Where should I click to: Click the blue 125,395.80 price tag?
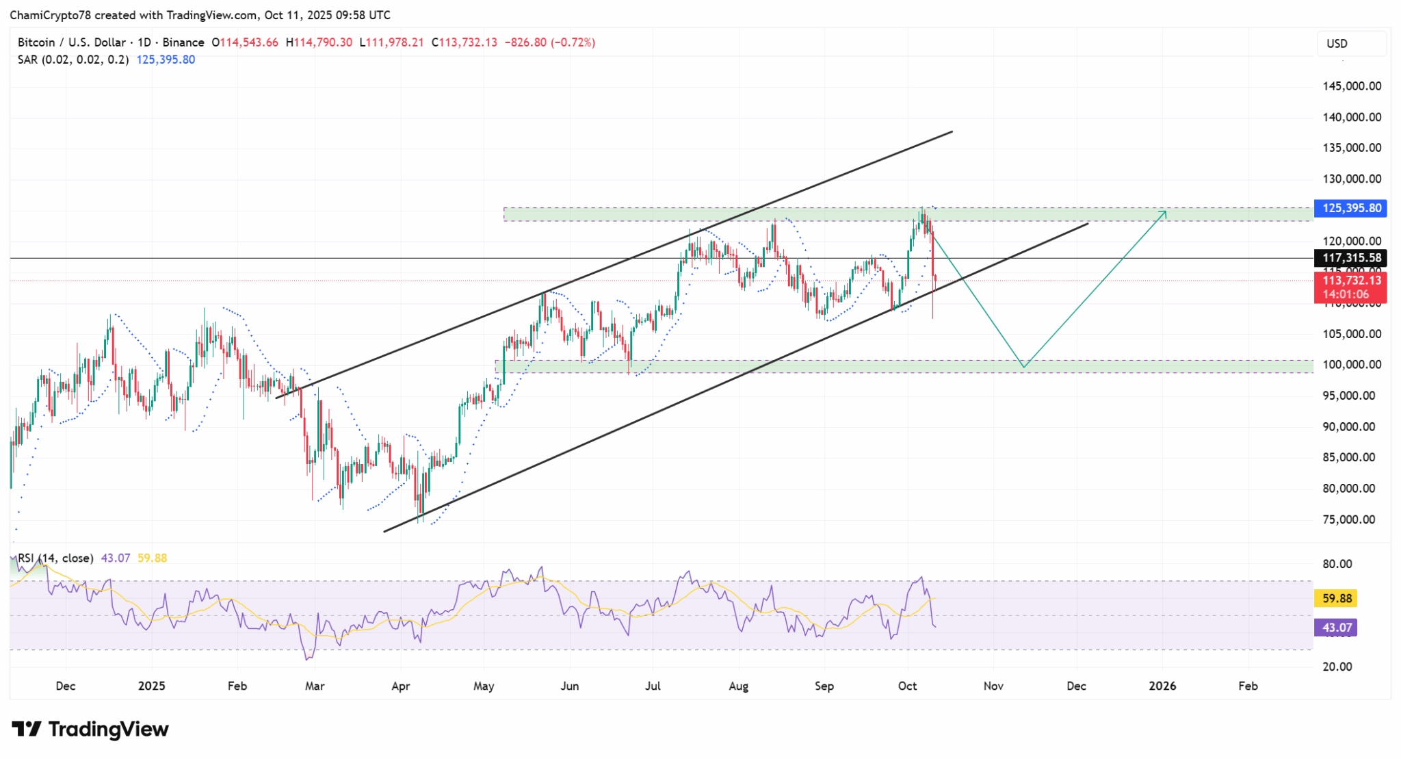tap(1350, 208)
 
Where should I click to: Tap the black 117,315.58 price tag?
tap(1350, 258)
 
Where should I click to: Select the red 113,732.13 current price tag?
tap(1350, 281)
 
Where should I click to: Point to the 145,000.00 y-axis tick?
tap(1352, 86)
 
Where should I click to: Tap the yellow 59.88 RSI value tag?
tap(1337, 599)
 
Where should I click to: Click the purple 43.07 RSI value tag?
tap(1337, 628)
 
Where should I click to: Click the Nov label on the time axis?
tap(993, 686)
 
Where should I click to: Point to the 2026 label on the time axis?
tap(1162, 686)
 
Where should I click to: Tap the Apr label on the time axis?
tap(401, 686)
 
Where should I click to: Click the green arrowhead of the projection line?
tap(1164, 213)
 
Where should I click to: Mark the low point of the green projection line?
tap(1023, 367)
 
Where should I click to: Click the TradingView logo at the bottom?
tap(90, 730)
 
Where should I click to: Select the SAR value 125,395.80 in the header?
tap(166, 60)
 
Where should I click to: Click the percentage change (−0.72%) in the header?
tap(573, 42)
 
